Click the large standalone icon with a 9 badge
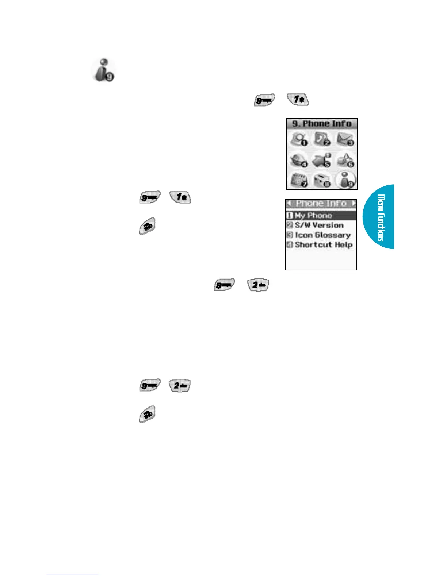(103, 70)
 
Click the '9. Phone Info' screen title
(321, 124)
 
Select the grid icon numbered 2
(322, 139)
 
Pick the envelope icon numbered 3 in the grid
(345, 139)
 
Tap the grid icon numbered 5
(322, 160)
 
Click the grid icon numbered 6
(345, 160)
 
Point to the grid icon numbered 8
(322, 180)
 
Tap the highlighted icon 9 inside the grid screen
(345, 180)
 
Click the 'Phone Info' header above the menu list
(321, 203)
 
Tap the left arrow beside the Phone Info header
(289, 203)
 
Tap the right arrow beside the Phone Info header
(353, 203)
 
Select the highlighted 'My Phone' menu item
(313, 215)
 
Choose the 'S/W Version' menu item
(319, 225)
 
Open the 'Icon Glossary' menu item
(322, 235)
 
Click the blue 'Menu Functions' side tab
(380, 217)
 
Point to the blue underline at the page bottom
(72, 575)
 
